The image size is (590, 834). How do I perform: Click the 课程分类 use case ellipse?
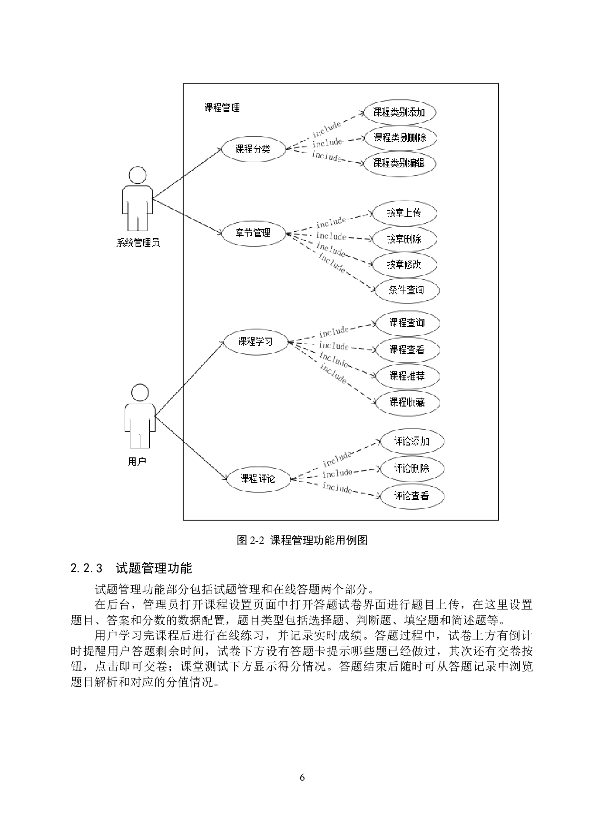point(253,149)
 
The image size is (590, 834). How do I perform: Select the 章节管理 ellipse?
point(253,233)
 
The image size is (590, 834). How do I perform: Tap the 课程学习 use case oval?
point(256,341)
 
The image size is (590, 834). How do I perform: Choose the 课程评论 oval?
point(257,478)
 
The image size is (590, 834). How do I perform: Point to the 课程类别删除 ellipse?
point(400,138)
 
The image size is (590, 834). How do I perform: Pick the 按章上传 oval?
point(404,213)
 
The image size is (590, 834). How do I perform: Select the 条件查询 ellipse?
point(406,290)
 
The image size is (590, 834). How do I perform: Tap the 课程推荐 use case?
point(407,376)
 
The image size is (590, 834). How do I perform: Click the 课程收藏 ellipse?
point(407,402)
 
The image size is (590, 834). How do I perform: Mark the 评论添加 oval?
point(412,442)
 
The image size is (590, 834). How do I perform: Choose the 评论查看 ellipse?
point(412,496)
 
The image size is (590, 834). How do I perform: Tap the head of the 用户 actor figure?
point(140,393)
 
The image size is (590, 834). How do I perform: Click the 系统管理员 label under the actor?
point(138,243)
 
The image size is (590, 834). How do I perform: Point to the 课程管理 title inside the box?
point(222,108)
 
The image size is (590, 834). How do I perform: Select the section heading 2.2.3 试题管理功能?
point(131,568)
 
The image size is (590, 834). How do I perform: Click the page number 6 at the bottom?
point(302,778)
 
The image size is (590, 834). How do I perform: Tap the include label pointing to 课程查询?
point(334,331)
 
